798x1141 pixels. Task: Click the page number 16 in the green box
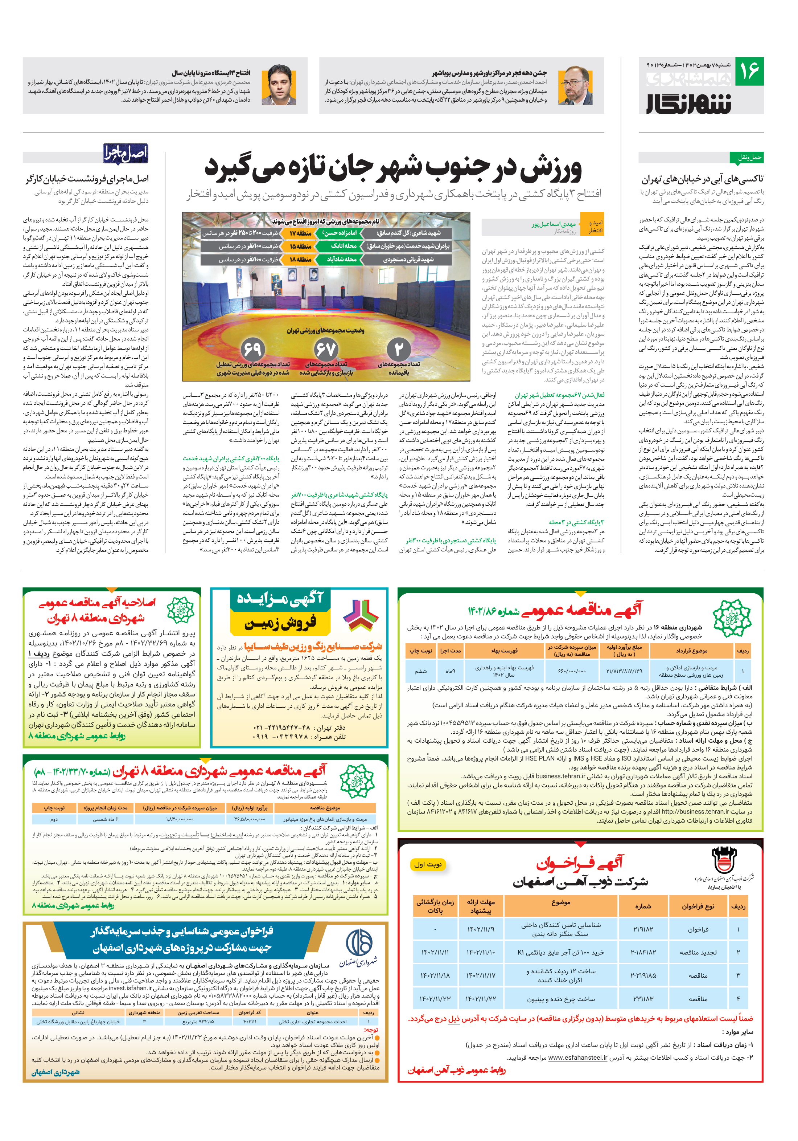click(749, 71)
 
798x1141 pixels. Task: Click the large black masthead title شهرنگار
click(689, 102)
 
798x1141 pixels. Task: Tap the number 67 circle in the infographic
click(326, 349)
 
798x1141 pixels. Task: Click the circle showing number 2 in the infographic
click(399, 349)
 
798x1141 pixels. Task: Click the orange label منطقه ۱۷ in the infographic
click(300, 233)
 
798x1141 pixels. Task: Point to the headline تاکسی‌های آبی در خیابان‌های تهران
click(702, 179)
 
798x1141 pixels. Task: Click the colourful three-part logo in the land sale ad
click(361, 614)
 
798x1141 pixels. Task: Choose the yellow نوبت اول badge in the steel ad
click(428, 864)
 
